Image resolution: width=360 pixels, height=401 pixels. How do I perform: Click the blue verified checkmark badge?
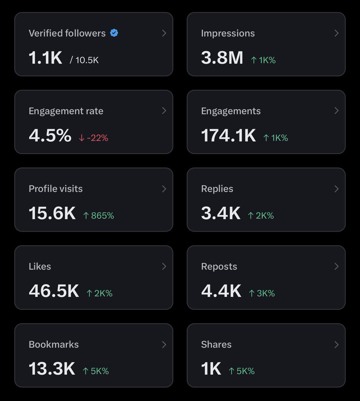point(114,33)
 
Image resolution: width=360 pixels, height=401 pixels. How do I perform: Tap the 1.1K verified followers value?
point(45,57)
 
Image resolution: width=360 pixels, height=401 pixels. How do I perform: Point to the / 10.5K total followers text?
point(84,60)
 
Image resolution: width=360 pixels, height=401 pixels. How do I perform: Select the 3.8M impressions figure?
point(222,57)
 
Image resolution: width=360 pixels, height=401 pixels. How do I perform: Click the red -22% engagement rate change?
point(94,138)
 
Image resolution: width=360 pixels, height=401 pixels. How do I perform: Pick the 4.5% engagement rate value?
point(50,135)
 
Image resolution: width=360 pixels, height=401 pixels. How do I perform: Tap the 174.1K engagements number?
point(228,135)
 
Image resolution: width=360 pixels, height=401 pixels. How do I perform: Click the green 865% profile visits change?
point(99,216)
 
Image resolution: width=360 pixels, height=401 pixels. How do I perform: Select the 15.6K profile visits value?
point(52,213)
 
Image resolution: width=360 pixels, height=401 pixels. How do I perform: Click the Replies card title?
point(217,188)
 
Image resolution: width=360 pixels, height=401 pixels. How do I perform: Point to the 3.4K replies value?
point(221,213)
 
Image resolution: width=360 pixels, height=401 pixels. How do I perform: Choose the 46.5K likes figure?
point(54,291)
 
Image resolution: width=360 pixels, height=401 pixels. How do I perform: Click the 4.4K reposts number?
point(221,291)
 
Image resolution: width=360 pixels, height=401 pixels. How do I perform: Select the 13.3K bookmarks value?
point(52,369)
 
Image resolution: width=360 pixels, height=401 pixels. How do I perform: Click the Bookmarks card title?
point(54,344)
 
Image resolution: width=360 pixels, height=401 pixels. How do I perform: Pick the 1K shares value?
point(211,369)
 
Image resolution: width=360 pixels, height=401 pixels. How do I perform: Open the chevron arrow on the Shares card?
point(336,344)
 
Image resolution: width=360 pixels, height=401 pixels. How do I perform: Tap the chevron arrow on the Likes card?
point(164,266)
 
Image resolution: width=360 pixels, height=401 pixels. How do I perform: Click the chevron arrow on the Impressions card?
point(336,33)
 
